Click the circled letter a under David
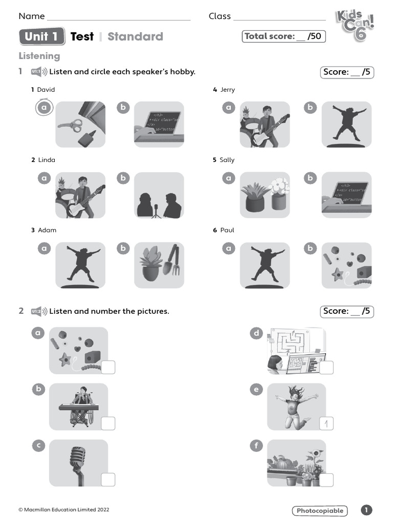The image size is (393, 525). [45, 108]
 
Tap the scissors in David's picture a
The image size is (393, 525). [70, 125]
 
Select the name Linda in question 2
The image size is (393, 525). [47, 160]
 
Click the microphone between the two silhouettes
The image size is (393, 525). [157, 210]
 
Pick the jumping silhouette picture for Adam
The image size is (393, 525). [80, 265]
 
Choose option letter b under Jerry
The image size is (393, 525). [310, 108]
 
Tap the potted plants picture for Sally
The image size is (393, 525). [265, 195]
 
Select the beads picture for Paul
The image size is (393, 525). [346, 265]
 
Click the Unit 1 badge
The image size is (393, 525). [42, 36]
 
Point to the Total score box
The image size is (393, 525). [284, 36]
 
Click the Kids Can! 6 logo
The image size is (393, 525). [355, 25]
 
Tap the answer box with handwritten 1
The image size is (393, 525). [326, 423]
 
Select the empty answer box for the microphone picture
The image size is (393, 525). [108, 479]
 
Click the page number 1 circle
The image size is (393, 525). [366, 510]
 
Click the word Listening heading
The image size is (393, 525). [39, 56]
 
